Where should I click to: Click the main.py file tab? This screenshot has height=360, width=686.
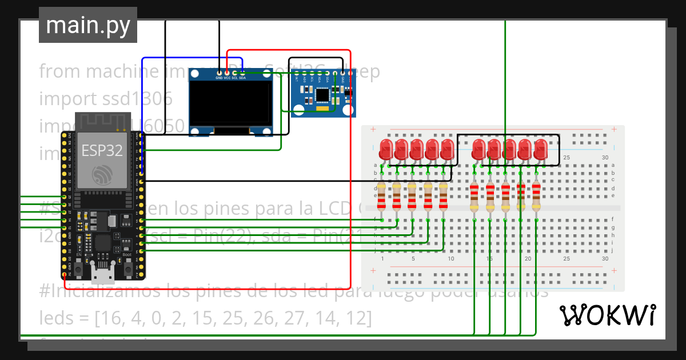tap(88, 26)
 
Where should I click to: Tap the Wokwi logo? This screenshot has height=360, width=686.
tap(607, 315)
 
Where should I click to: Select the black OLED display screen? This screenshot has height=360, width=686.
tap(232, 102)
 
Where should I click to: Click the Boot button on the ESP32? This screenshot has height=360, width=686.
tap(128, 266)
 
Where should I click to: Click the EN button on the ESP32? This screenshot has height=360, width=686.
tap(79, 266)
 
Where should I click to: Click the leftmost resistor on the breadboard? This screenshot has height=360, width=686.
tap(381, 195)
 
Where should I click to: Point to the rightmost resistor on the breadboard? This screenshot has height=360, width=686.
tap(536, 195)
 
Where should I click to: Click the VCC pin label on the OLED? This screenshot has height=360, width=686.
tap(227, 77)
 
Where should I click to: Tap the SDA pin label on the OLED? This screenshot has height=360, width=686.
tap(242, 77)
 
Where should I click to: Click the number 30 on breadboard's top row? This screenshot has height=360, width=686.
tap(605, 157)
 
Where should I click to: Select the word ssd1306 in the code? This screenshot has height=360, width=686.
tap(137, 98)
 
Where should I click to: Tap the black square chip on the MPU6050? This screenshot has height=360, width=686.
tap(322, 95)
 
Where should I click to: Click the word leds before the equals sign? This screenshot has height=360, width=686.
tap(57, 318)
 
